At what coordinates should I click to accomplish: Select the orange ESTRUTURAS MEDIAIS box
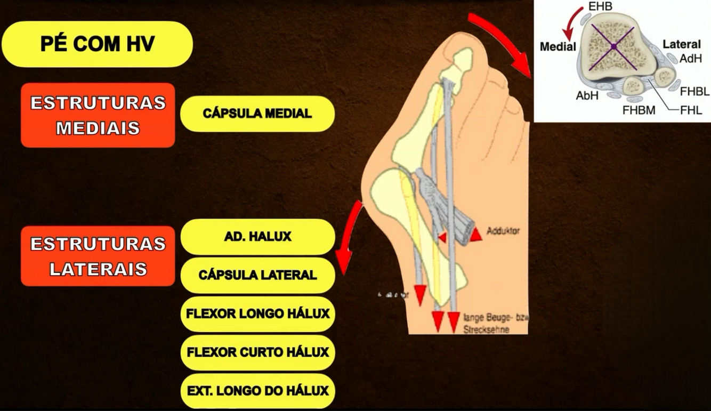pyautogui.click(x=98, y=115)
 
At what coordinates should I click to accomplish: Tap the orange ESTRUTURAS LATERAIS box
pyautogui.click(x=98, y=256)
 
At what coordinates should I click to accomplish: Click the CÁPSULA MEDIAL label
pyautogui.click(x=257, y=114)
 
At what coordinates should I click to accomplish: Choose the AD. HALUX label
pyautogui.click(x=257, y=237)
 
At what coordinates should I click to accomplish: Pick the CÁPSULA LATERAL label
pyautogui.click(x=257, y=275)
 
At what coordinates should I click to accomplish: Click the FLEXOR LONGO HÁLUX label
pyautogui.click(x=257, y=313)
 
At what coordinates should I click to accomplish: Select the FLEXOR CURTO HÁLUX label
pyautogui.click(x=257, y=352)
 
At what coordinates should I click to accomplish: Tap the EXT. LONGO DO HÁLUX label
pyautogui.click(x=257, y=391)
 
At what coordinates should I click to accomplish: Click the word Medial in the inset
pyautogui.click(x=558, y=46)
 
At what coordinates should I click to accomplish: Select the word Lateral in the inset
pyautogui.click(x=682, y=44)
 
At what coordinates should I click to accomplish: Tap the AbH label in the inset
pyautogui.click(x=587, y=96)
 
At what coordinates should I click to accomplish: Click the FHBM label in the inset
pyautogui.click(x=639, y=110)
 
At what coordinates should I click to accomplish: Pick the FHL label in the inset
pyautogui.click(x=691, y=110)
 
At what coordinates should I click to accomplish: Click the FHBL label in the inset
pyautogui.click(x=694, y=92)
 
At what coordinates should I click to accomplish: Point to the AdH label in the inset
pyautogui.click(x=691, y=59)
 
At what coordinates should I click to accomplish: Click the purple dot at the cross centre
pyautogui.click(x=614, y=47)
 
